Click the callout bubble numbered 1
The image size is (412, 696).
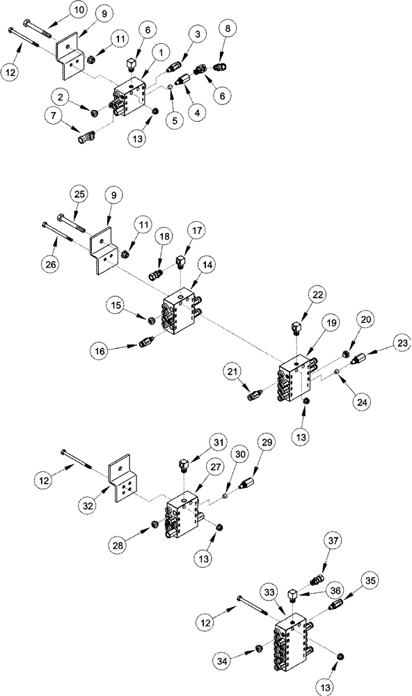(161, 52)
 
